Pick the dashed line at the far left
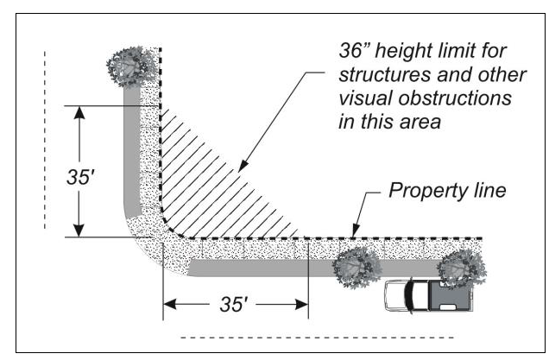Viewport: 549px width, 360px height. click(x=45, y=138)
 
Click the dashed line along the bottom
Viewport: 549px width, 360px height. click(x=315, y=336)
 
